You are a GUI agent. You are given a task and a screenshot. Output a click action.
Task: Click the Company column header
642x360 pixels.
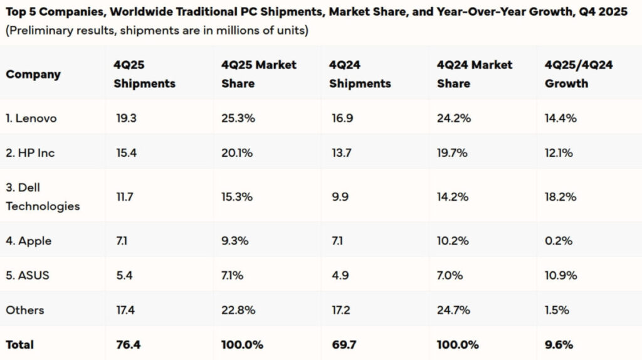pos(33,74)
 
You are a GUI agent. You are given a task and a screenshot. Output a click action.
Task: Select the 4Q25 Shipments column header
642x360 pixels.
pos(145,74)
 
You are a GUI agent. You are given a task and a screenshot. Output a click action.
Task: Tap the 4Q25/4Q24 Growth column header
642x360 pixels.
pos(579,74)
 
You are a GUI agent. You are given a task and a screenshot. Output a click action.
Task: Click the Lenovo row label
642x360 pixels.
pos(31,119)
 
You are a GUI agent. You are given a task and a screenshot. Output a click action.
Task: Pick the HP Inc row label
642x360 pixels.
pos(30,153)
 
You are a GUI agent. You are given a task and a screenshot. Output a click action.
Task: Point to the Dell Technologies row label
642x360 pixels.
pos(43,196)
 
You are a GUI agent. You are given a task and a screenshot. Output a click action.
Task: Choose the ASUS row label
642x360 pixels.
pos(28,275)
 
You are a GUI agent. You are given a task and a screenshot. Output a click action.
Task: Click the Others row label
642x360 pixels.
pos(24,310)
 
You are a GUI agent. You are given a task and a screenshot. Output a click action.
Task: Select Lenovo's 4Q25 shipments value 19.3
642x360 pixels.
pos(126,119)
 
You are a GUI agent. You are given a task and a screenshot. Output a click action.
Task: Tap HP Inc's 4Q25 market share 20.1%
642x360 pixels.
pos(237,153)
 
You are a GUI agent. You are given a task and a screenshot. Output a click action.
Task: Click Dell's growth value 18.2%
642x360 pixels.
pos(560,196)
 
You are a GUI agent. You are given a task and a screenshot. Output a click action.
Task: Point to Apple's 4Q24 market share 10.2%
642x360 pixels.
pos(453,240)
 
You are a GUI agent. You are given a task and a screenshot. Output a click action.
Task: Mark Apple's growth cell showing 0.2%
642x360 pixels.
pos(559,240)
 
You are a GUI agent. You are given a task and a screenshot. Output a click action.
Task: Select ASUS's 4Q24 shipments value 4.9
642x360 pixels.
pos(340,275)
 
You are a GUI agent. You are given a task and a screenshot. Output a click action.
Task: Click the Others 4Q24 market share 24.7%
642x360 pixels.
pos(453,310)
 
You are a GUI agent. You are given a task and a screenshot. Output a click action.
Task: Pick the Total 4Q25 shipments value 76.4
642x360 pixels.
pos(128,345)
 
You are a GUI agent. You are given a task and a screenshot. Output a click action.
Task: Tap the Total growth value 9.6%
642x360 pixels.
pos(559,345)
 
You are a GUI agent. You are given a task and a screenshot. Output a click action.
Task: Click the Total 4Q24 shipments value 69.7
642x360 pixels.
pos(344,345)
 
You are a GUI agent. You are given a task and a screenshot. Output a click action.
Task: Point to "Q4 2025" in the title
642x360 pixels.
pos(603,11)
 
